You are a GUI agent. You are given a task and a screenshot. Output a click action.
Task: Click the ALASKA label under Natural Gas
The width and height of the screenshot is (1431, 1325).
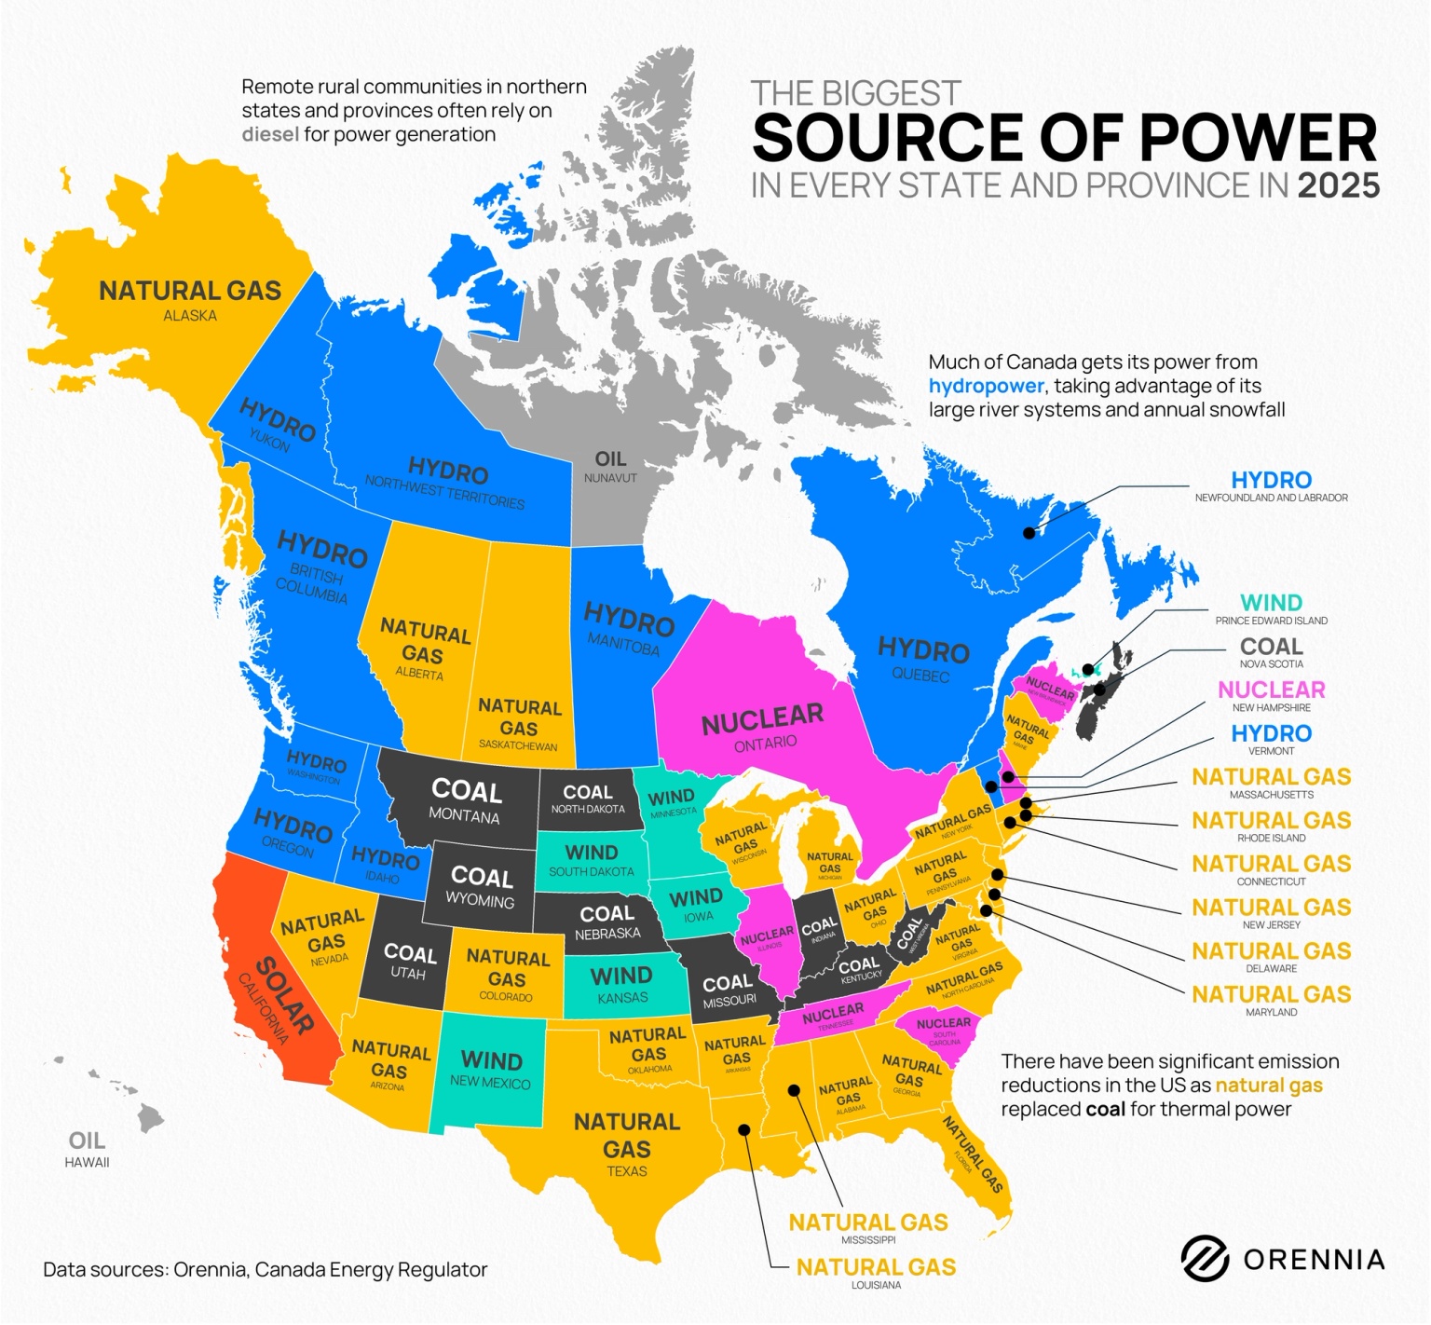tap(190, 316)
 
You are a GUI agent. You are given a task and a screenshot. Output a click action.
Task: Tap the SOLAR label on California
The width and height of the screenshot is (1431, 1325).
tap(283, 994)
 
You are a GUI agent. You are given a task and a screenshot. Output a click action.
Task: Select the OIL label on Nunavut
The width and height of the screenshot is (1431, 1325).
tap(610, 459)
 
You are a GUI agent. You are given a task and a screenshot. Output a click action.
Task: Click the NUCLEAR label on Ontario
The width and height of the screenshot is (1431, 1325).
tap(762, 718)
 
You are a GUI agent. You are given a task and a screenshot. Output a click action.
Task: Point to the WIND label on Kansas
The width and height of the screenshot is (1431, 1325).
tap(621, 976)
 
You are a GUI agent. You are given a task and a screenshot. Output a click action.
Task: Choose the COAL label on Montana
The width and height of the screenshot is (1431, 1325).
tap(466, 791)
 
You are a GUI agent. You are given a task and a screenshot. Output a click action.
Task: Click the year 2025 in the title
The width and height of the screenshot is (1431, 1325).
tap(1338, 185)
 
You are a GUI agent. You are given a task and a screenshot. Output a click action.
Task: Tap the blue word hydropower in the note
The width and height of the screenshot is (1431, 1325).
tap(986, 386)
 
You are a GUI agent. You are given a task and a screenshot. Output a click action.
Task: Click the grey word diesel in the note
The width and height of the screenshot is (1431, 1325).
tap(270, 134)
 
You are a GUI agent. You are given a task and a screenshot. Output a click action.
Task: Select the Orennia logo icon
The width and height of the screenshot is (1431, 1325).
tap(1205, 1259)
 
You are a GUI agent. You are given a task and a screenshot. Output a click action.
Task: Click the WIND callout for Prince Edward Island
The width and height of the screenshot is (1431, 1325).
tap(1271, 603)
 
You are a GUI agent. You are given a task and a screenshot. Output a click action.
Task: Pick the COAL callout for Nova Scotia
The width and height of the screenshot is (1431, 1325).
tap(1271, 647)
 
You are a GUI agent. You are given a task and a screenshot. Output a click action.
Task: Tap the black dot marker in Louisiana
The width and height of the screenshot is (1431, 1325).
tap(744, 1129)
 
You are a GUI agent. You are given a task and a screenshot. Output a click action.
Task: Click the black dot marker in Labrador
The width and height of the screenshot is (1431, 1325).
tap(1029, 533)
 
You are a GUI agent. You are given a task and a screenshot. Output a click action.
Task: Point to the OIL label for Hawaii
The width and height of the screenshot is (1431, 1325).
tap(87, 1141)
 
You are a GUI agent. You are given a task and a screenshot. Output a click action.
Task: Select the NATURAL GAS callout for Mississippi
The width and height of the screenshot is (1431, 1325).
tap(867, 1223)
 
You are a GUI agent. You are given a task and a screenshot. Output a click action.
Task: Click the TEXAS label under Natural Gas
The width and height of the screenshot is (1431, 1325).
tap(626, 1171)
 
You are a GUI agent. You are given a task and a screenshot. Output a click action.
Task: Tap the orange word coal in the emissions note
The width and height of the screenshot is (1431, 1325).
tap(1105, 1110)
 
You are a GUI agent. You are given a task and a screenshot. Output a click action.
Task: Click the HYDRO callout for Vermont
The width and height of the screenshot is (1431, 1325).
tap(1271, 733)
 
